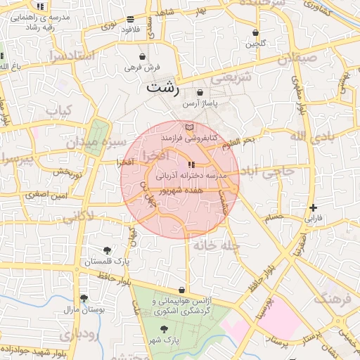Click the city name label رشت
(x=162, y=89)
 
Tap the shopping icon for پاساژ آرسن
(x=200, y=92)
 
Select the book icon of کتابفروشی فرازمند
(x=188, y=127)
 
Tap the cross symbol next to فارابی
(x=313, y=207)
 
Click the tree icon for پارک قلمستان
(x=107, y=250)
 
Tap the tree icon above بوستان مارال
(x=84, y=298)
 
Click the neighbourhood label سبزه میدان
(x=96, y=143)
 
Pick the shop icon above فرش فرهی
(x=143, y=56)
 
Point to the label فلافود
(x=131, y=29)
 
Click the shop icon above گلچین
(x=255, y=32)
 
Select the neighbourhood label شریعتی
(x=231, y=78)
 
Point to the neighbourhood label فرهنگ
(x=330, y=297)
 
